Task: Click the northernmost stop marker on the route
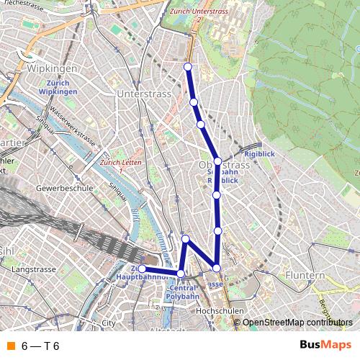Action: pyautogui.click(x=189, y=66)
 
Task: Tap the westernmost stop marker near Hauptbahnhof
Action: pyautogui.click(x=143, y=269)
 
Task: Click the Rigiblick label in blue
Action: pyautogui.click(x=258, y=153)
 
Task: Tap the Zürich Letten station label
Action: pyautogui.click(x=120, y=163)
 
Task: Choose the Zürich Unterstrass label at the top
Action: pyautogui.click(x=198, y=12)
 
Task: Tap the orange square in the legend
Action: pyautogui.click(x=11, y=346)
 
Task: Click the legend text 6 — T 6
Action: pyautogui.click(x=40, y=346)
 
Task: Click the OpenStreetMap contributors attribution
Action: pyautogui.click(x=297, y=322)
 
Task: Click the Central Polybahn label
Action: pyautogui.click(x=181, y=291)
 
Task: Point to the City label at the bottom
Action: pyautogui.click(x=109, y=323)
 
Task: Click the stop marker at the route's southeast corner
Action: pyautogui.click(x=217, y=268)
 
